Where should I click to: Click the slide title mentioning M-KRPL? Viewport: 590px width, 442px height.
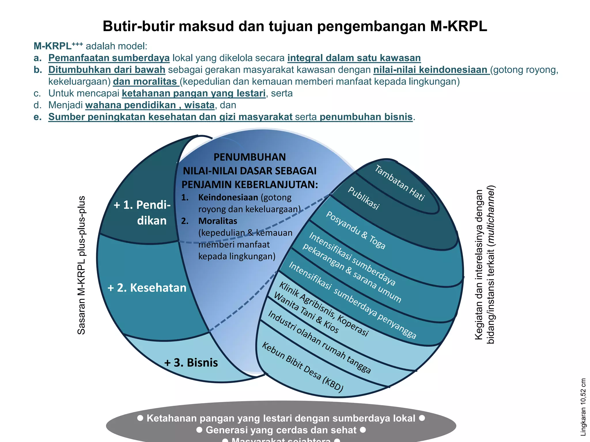point(295,26)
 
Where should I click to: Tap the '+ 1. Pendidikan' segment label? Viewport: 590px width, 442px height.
point(143,213)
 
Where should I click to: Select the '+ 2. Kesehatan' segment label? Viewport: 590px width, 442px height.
point(147,288)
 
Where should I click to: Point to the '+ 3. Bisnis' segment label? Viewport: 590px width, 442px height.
point(191,363)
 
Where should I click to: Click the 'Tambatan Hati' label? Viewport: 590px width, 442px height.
point(400,183)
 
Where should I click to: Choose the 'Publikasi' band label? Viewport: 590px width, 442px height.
point(364,198)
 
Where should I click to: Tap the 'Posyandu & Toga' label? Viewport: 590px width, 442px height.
point(355,230)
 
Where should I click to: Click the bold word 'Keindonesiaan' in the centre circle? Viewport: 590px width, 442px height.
point(228,197)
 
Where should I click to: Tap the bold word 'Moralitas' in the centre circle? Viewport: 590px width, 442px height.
point(218,221)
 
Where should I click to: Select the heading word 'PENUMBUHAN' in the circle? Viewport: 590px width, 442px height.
point(249,157)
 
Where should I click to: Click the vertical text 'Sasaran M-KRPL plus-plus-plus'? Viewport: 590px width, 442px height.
point(82,265)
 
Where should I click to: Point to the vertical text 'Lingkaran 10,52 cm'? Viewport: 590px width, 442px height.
point(583,407)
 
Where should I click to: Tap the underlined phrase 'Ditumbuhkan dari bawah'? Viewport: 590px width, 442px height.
point(107,70)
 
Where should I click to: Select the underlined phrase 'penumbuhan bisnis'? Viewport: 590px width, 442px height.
point(366,117)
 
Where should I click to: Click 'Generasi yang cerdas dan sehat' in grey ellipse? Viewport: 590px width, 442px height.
point(281,430)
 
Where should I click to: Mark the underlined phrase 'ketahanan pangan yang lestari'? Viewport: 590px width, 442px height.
point(194,93)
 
